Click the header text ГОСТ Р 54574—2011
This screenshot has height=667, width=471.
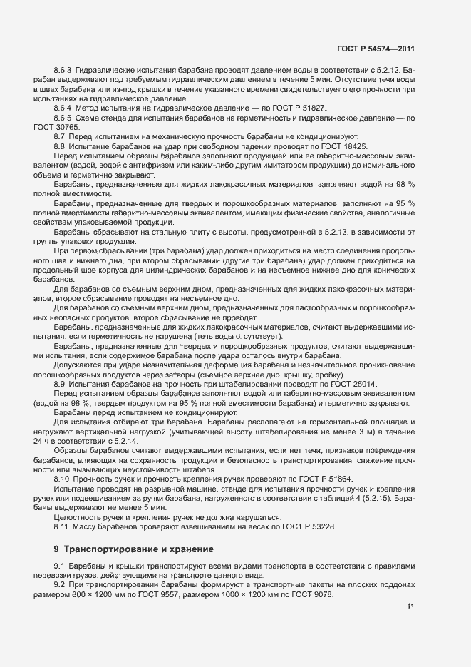click(376, 49)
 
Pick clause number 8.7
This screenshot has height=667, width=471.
click(60, 136)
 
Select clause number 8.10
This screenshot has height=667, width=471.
click(61, 479)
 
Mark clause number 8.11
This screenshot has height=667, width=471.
click(61, 526)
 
